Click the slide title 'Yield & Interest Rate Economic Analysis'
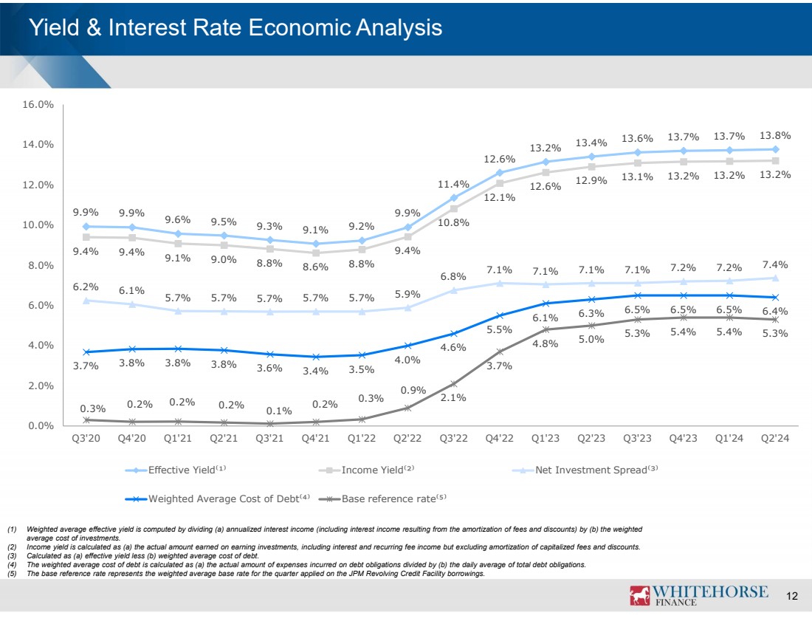click(x=235, y=28)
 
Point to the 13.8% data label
click(x=776, y=135)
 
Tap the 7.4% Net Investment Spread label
click(x=776, y=264)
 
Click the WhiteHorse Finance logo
click(x=698, y=595)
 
